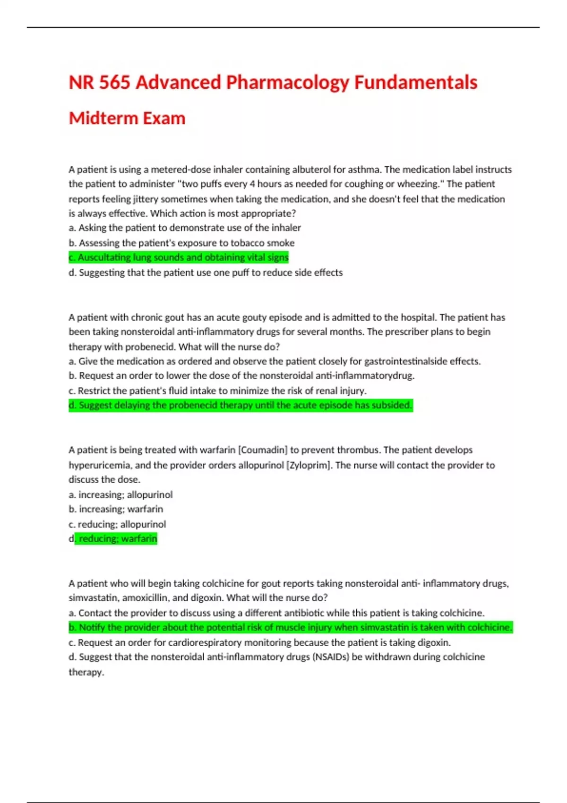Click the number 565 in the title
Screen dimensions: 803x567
tap(114, 83)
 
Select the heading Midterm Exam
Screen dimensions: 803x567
tap(127, 118)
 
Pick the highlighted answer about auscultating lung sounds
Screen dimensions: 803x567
tap(179, 257)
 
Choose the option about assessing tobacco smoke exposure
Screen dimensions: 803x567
tap(181, 243)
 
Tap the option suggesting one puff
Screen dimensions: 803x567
tap(206, 273)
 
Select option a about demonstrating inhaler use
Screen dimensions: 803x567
tap(185, 228)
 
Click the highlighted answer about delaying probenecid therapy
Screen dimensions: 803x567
tap(241, 405)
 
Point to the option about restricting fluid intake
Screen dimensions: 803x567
tap(217, 391)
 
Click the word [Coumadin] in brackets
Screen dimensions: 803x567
tap(263, 450)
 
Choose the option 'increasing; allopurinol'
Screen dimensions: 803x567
tap(120, 495)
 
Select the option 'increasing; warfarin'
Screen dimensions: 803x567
tap(116, 509)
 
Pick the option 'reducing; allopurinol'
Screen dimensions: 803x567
tap(117, 524)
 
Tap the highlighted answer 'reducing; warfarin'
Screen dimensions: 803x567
tap(116, 539)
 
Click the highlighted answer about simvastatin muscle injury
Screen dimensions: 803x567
tap(291, 627)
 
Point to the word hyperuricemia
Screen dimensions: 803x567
tap(99, 465)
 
